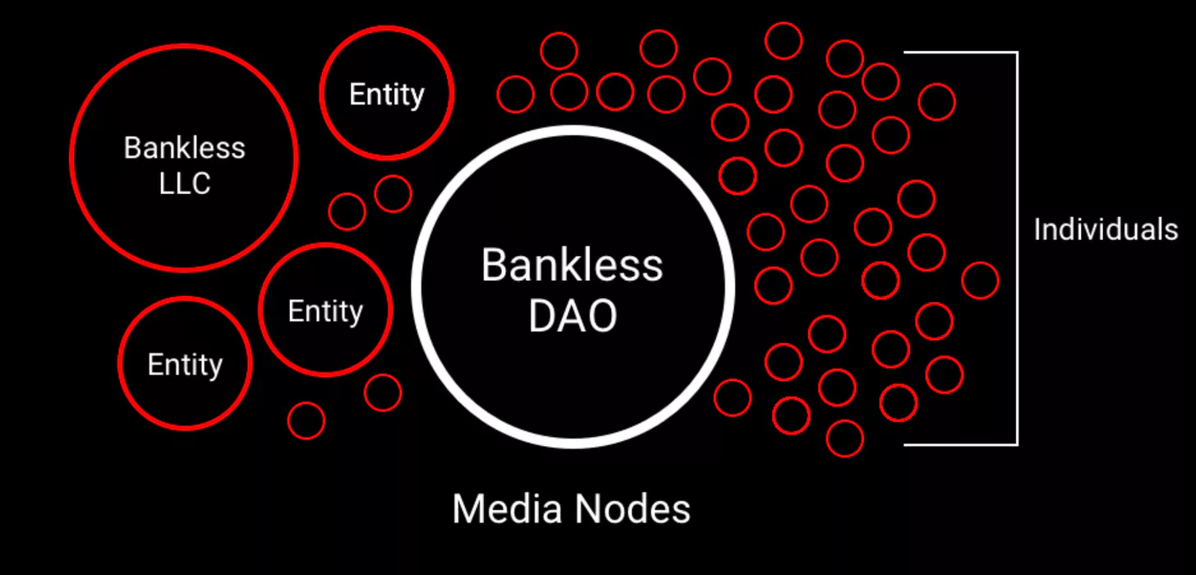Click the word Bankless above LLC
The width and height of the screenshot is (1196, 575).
[184, 148]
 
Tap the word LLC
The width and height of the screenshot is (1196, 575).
[185, 184]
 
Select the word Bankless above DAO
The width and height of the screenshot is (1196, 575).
[572, 264]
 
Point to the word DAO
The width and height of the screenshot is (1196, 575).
[573, 315]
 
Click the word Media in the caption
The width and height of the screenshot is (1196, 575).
[508, 508]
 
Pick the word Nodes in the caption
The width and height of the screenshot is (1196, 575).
[632, 508]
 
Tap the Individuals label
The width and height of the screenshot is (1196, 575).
[1106, 229]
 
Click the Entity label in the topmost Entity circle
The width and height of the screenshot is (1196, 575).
[387, 95]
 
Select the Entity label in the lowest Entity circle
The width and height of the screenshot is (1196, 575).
[185, 366]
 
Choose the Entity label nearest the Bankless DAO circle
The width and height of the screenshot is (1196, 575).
[325, 311]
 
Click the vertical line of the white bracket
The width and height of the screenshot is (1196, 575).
[1017, 248]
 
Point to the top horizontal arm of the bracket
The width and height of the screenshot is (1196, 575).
[960, 53]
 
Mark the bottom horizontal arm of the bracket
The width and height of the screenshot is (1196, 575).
[960, 444]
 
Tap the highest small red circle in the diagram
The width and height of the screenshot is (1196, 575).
[784, 22]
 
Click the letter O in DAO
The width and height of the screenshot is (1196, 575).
[602, 315]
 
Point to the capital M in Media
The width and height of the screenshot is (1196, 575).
[466, 508]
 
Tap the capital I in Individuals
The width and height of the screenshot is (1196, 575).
[1037, 229]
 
